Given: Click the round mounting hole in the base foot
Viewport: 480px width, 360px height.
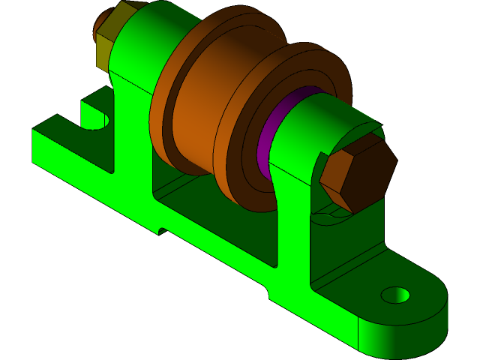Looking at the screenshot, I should pyautogui.click(x=395, y=295).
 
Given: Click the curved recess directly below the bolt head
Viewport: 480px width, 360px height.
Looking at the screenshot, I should pyautogui.click(x=330, y=217).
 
